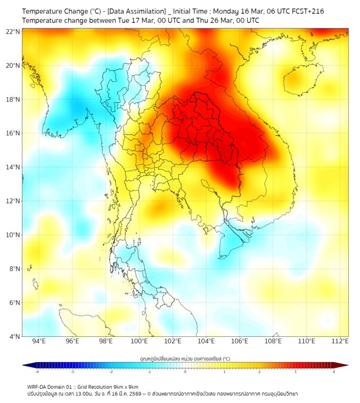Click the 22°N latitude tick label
pyautogui.click(x=13, y=32)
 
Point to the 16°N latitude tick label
pyautogui.click(x=13, y=133)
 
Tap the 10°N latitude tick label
pyautogui.click(x=13, y=235)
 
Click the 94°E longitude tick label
pyautogui.click(x=39, y=341)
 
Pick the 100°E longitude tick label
pyautogui.click(x=140, y=341)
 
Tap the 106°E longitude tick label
pyautogui.click(x=240, y=341)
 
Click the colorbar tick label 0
pyautogui.click(x=185, y=372)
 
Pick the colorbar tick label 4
pyautogui.click(x=334, y=372)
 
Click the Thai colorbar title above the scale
pyautogui.click(x=185, y=359)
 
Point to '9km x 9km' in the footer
pyautogui.click(x=125, y=386)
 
